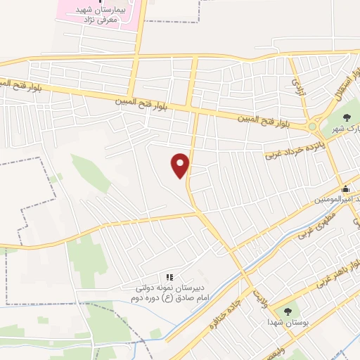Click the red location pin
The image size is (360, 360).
(x=181, y=165)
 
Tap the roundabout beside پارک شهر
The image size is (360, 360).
(x=312, y=127)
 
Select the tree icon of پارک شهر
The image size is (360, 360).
(x=345, y=117)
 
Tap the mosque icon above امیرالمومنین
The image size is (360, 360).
(x=345, y=188)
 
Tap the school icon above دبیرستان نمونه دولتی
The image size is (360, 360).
(x=169, y=277)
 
